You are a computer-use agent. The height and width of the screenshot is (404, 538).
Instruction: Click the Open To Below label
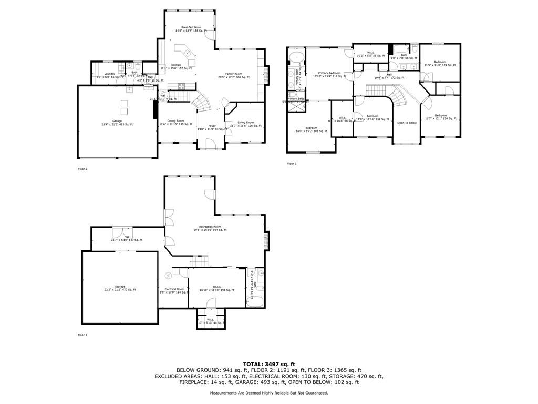point(407,123)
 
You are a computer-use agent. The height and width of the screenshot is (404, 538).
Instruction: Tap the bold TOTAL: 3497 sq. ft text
point(269,364)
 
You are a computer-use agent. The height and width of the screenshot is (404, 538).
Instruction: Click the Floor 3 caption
point(292,164)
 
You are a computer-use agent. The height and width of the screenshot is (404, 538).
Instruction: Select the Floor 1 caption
point(82,335)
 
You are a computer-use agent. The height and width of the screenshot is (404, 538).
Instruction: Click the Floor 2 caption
point(82,169)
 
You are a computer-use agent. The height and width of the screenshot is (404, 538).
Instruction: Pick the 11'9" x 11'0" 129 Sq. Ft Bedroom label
point(440,63)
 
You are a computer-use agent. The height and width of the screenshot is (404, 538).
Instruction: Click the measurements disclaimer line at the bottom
point(269,393)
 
